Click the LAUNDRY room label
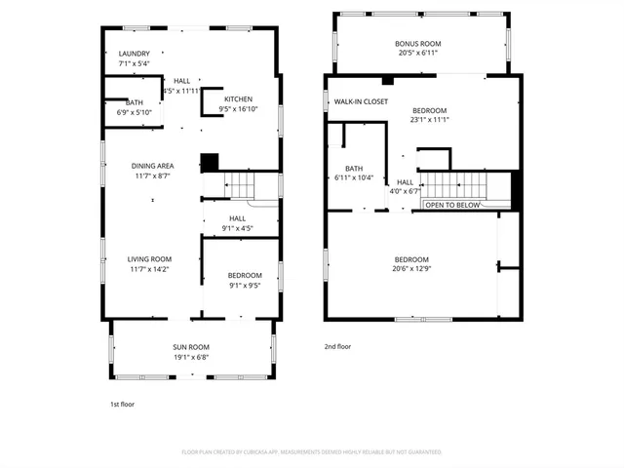tap(134, 54)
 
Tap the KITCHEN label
tap(238, 99)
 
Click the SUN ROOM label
tap(191, 347)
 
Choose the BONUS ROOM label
tap(417, 44)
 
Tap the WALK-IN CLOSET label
tap(361, 101)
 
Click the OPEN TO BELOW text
tap(452, 205)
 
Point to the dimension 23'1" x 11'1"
tap(429, 122)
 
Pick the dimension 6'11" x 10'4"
tap(353, 177)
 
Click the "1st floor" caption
tap(122, 403)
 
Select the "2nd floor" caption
tap(337, 346)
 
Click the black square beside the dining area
tap(210, 162)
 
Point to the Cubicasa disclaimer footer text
tap(311, 452)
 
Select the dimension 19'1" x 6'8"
tap(191, 357)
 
